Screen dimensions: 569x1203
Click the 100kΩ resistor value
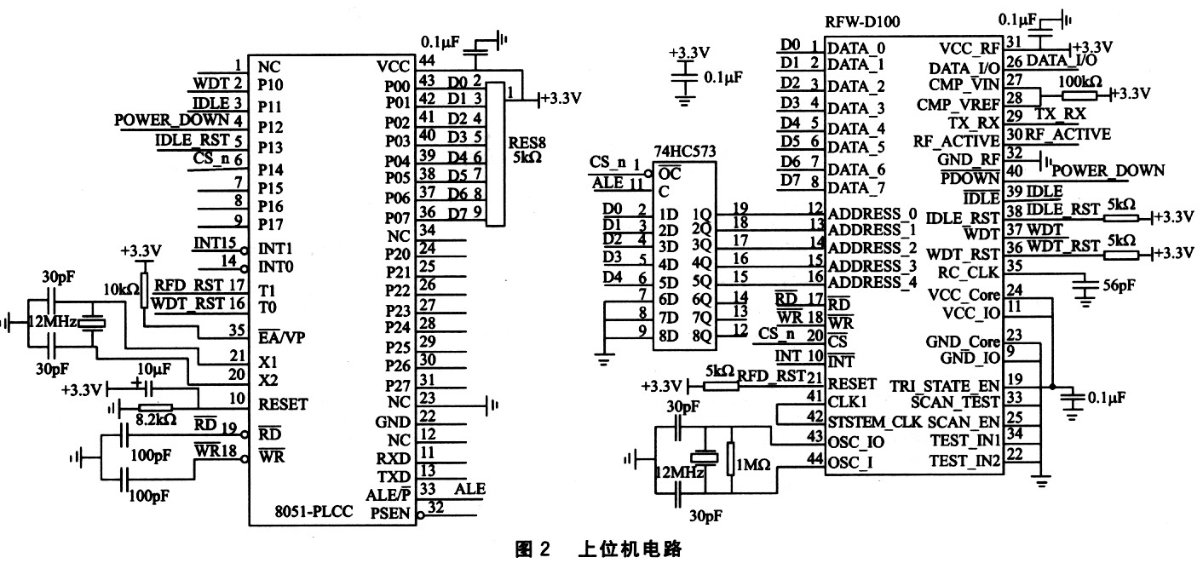[x=1078, y=83]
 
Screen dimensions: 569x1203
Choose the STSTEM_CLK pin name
[x=873, y=422]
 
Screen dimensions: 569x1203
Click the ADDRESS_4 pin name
[x=872, y=282]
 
